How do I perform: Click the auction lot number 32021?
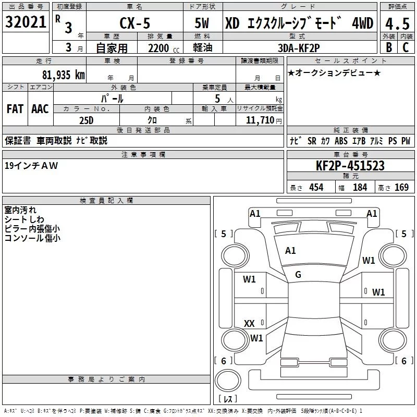[x=26, y=22]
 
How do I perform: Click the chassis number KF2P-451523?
[x=350, y=166]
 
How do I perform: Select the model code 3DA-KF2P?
[x=299, y=48]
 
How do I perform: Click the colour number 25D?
[x=86, y=120]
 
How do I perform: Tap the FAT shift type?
[x=15, y=109]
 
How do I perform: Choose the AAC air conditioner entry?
[x=40, y=109]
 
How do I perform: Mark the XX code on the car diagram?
[x=249, y=324]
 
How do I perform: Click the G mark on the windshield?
[x=298, y=275]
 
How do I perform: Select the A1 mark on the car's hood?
[x=290, y=251]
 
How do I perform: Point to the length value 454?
[x=316, y=188]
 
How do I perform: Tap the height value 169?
[x=401, y=188]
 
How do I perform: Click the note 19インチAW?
[x=31, y=165]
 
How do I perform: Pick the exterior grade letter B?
[x=388, y=48]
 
